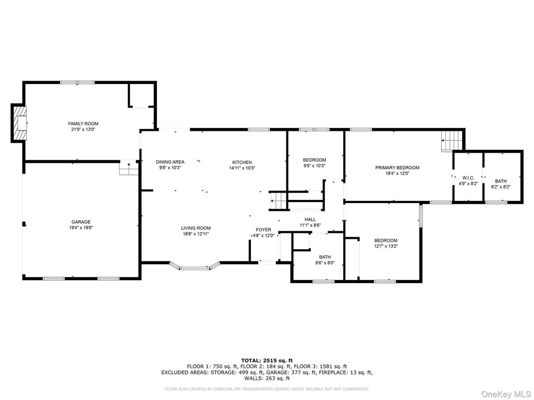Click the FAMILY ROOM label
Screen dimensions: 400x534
(x=83, y=123)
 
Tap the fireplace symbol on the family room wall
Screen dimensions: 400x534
(x=20, y=123)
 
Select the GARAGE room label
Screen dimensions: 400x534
(x=80, y=222)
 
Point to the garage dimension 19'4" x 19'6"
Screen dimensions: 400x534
(x=80, y=228)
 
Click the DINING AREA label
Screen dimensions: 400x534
(x=170, y=162)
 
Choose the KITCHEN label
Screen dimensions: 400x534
(x=242, y=162)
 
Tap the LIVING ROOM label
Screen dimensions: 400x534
(x=195, y=228)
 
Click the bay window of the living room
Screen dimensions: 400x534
(x=195, y=267)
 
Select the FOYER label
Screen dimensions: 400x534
(x=264, y=229)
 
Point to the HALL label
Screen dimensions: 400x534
(x=310, y=219)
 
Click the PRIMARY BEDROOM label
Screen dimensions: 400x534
(x=397, y=168)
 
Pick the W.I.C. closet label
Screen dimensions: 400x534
(x=468, y=178)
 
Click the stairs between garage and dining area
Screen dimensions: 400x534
(x=129, y=169)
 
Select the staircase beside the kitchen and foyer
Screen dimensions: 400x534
(x=278, y=201)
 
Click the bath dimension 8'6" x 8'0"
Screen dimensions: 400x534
(x=325, y=263)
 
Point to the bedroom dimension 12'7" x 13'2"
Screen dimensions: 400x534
(x=386, y=246)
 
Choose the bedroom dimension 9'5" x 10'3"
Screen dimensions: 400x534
(x=314, y=166)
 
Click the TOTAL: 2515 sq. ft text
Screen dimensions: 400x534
(x=267, y=360)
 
